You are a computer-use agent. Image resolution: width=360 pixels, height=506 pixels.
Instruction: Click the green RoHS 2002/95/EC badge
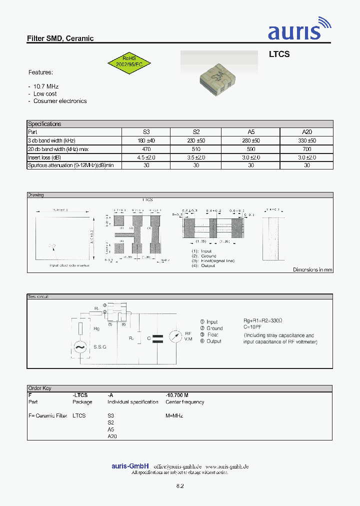129,61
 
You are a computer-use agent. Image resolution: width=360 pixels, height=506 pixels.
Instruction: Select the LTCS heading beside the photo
279,54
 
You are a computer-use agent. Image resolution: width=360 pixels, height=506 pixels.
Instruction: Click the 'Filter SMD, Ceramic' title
60,38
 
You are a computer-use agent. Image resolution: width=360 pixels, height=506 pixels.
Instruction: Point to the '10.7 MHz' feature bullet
46,86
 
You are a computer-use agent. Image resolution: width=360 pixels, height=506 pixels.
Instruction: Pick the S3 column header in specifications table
146,132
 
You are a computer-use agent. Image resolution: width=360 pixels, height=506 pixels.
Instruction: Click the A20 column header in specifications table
306,132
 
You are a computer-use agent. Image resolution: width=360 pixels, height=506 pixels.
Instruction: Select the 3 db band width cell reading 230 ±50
196,141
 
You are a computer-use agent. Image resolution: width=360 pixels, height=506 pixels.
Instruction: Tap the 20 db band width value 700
306,149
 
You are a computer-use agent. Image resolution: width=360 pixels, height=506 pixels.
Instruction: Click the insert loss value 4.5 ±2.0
146,157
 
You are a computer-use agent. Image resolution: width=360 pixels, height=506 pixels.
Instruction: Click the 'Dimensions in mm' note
312,269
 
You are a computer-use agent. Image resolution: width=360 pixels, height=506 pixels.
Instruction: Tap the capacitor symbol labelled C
157,338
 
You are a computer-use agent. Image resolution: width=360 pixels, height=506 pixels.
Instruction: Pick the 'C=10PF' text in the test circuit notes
255,328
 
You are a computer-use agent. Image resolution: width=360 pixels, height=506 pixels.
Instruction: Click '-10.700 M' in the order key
177,395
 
